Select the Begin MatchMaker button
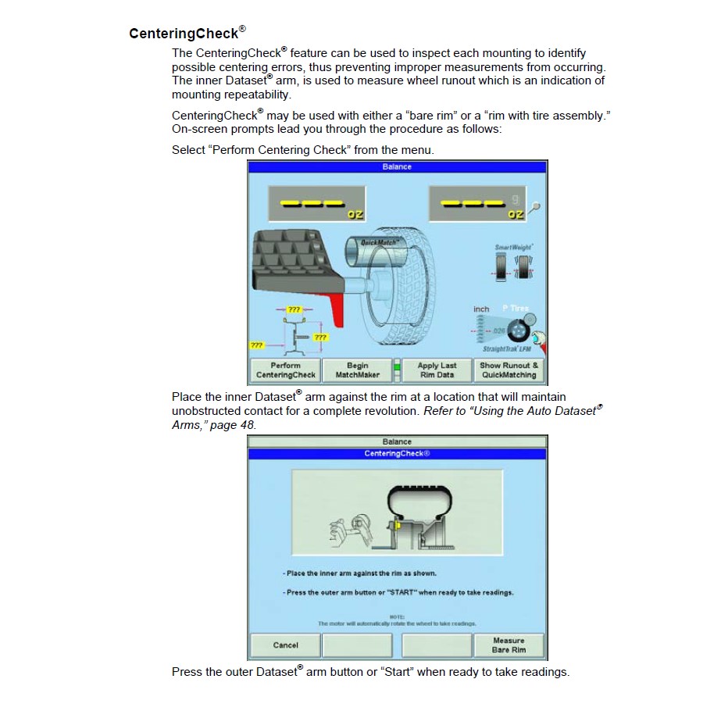coord(357,370)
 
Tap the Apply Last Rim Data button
coord(437,370)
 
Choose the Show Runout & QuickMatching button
coord(509,370)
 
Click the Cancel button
coord(286,645)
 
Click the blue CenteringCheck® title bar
coord(397,454)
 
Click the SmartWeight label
coord(513,248)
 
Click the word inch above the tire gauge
coord(481,309)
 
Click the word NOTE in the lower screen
coord(396,617)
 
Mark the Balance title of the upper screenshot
coord(397,166)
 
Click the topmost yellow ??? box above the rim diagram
coord(294,310)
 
